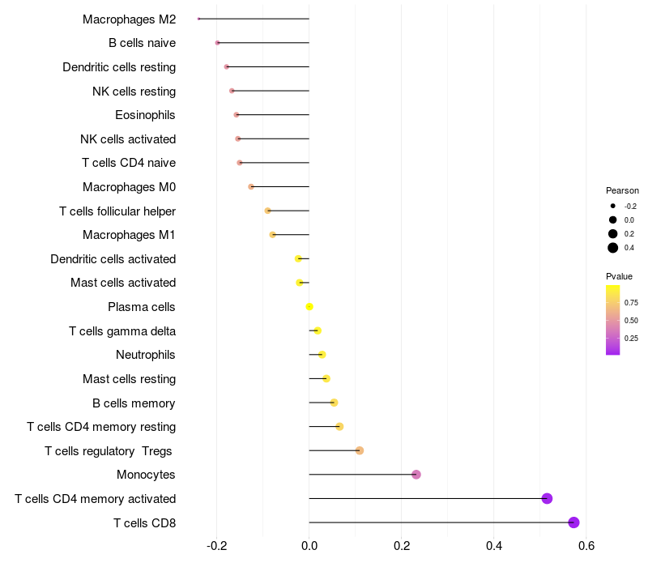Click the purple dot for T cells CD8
pyautogui.click(x=573, y=522)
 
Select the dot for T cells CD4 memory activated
pyautogui.click(x=547, y=498)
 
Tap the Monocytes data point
pyautogui.click(x=416, y=475)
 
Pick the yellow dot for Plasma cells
pyautogui.click(x=309, y=307)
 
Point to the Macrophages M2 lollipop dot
pyautogui.click(x=198, y=19)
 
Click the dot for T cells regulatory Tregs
pyautogui.click(x=360, y=450)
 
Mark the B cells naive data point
pyautogui.click(x=217, y=43)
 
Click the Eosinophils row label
pyautogui.click(x=145, y=115)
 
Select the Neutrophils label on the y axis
pyautogui.click(x=146, y=355)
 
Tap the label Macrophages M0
pyautogui.click(x=129, y=187)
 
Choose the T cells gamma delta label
pyautogui.click(x=122, y=331)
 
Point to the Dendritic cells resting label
pyautogui.click(x=119, y=67)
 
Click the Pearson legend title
pyautogui.click(x=622, y=190)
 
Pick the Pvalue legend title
pyautogui.click(x=619, y=276)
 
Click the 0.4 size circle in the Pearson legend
pyautogui.click(x=613, y=248)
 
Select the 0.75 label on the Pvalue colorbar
pyautogui.click(x=631, y=303)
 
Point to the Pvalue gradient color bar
pyautogui.click(x=613, y=320)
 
